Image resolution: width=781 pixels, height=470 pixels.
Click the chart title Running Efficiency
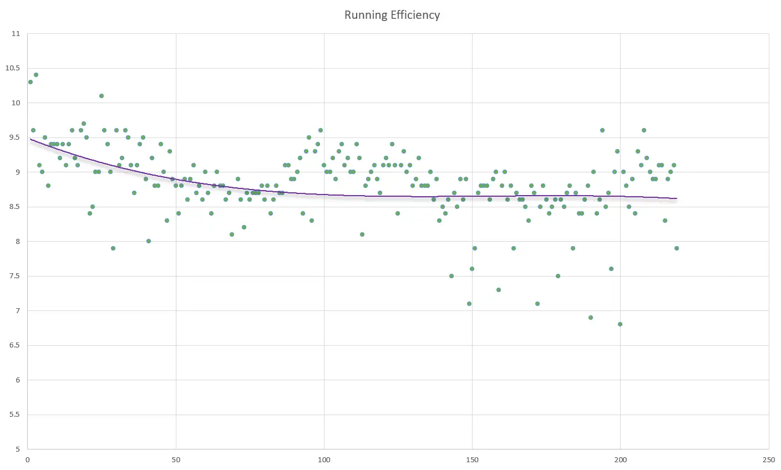click(x=392, y=15)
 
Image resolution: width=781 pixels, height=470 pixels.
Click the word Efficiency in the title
click(x=415, y=15)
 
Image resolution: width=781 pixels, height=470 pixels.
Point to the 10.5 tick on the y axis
click(x=12, y=68)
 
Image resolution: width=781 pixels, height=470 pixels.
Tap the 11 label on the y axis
click(x=16, y=34)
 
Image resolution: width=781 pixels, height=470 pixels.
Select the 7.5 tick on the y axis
click(x=14, y=276)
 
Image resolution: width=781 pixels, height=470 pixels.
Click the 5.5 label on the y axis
click(x=14, y=415)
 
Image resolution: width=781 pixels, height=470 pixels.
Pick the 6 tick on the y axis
click(x=17, y=380)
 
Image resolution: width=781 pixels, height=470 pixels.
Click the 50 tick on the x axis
click(x=176, y=459)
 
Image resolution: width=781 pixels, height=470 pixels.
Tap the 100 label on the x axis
click(x=324, y=459)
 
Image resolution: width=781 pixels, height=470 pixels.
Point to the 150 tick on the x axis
click(x=472, y=459)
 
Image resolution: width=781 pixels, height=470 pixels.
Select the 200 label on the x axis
click(x=620, y=459)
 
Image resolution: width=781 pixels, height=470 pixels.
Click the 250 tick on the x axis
click(x=768, y=459)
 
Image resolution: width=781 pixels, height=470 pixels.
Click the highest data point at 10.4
click(x=36, y=75)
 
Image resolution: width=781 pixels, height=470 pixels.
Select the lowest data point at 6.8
click(x=620, y=324)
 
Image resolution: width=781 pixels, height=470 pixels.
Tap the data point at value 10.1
click(x=102, y=96)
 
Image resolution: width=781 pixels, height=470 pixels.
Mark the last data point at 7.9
click(x=677, y=248)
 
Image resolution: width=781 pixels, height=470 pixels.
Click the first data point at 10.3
click(x=31, y=82)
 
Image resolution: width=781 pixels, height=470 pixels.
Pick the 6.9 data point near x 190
click(x=591, y=318)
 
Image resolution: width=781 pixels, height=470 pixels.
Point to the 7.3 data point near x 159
click(x=499, y=290)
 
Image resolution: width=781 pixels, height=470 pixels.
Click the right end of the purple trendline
click(x=676, y=198)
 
